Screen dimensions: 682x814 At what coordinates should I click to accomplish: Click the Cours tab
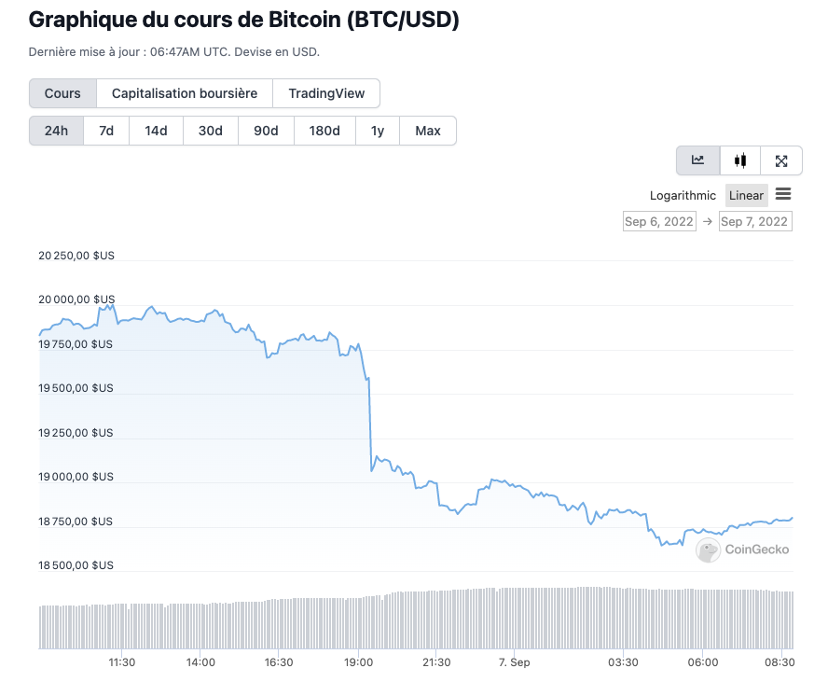click(x=62, y=93)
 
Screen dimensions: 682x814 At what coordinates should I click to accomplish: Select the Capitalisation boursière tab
click(x=185, y=93)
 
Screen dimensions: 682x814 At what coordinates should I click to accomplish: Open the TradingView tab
click(x=326, y=93)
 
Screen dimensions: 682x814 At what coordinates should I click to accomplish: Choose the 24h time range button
click(x=57, y=131)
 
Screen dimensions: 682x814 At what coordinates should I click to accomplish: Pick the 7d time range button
click(x=106, y=131)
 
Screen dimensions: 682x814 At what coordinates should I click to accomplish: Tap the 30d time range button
click(x=211, y=131)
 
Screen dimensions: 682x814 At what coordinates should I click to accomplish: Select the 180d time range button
click(x=324, y=131)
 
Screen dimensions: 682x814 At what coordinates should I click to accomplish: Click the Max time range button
click(x=428, y=131)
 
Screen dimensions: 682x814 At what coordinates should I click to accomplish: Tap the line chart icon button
click(x=697, y=160)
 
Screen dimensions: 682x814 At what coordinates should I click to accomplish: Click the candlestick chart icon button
click(x=740, y=160)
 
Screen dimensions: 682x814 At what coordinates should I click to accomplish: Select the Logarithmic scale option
click(x=683, y=195)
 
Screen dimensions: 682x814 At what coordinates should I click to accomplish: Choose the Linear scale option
click(x=746, y=195)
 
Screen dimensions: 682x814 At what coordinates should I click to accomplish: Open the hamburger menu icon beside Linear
click(x=783, y=194)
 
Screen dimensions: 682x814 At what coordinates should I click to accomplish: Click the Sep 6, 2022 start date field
click(x=659, y=221)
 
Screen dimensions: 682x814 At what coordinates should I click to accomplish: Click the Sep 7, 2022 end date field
click(x=755, y=221)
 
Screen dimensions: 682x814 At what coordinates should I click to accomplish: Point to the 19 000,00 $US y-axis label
click(x=76, y=477)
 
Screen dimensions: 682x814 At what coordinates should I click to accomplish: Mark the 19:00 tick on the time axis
click(x=359, y=662)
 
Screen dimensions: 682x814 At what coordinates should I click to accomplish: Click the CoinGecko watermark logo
click(x=743, y=550)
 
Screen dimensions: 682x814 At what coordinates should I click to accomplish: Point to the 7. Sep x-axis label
click(x=515, y=662)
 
